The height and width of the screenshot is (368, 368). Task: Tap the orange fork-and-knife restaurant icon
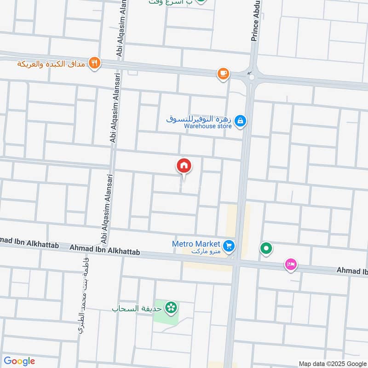pos(94,63)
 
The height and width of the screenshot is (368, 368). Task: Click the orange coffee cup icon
pos(223,74)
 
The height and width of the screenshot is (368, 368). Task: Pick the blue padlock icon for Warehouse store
pos(240,121)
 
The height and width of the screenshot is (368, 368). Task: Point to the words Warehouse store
pos(207,126)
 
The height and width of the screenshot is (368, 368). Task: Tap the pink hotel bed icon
pos(291,264)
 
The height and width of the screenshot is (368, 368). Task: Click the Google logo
pos(19,361)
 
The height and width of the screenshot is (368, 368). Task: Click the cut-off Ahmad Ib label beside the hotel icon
pos(352,271)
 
